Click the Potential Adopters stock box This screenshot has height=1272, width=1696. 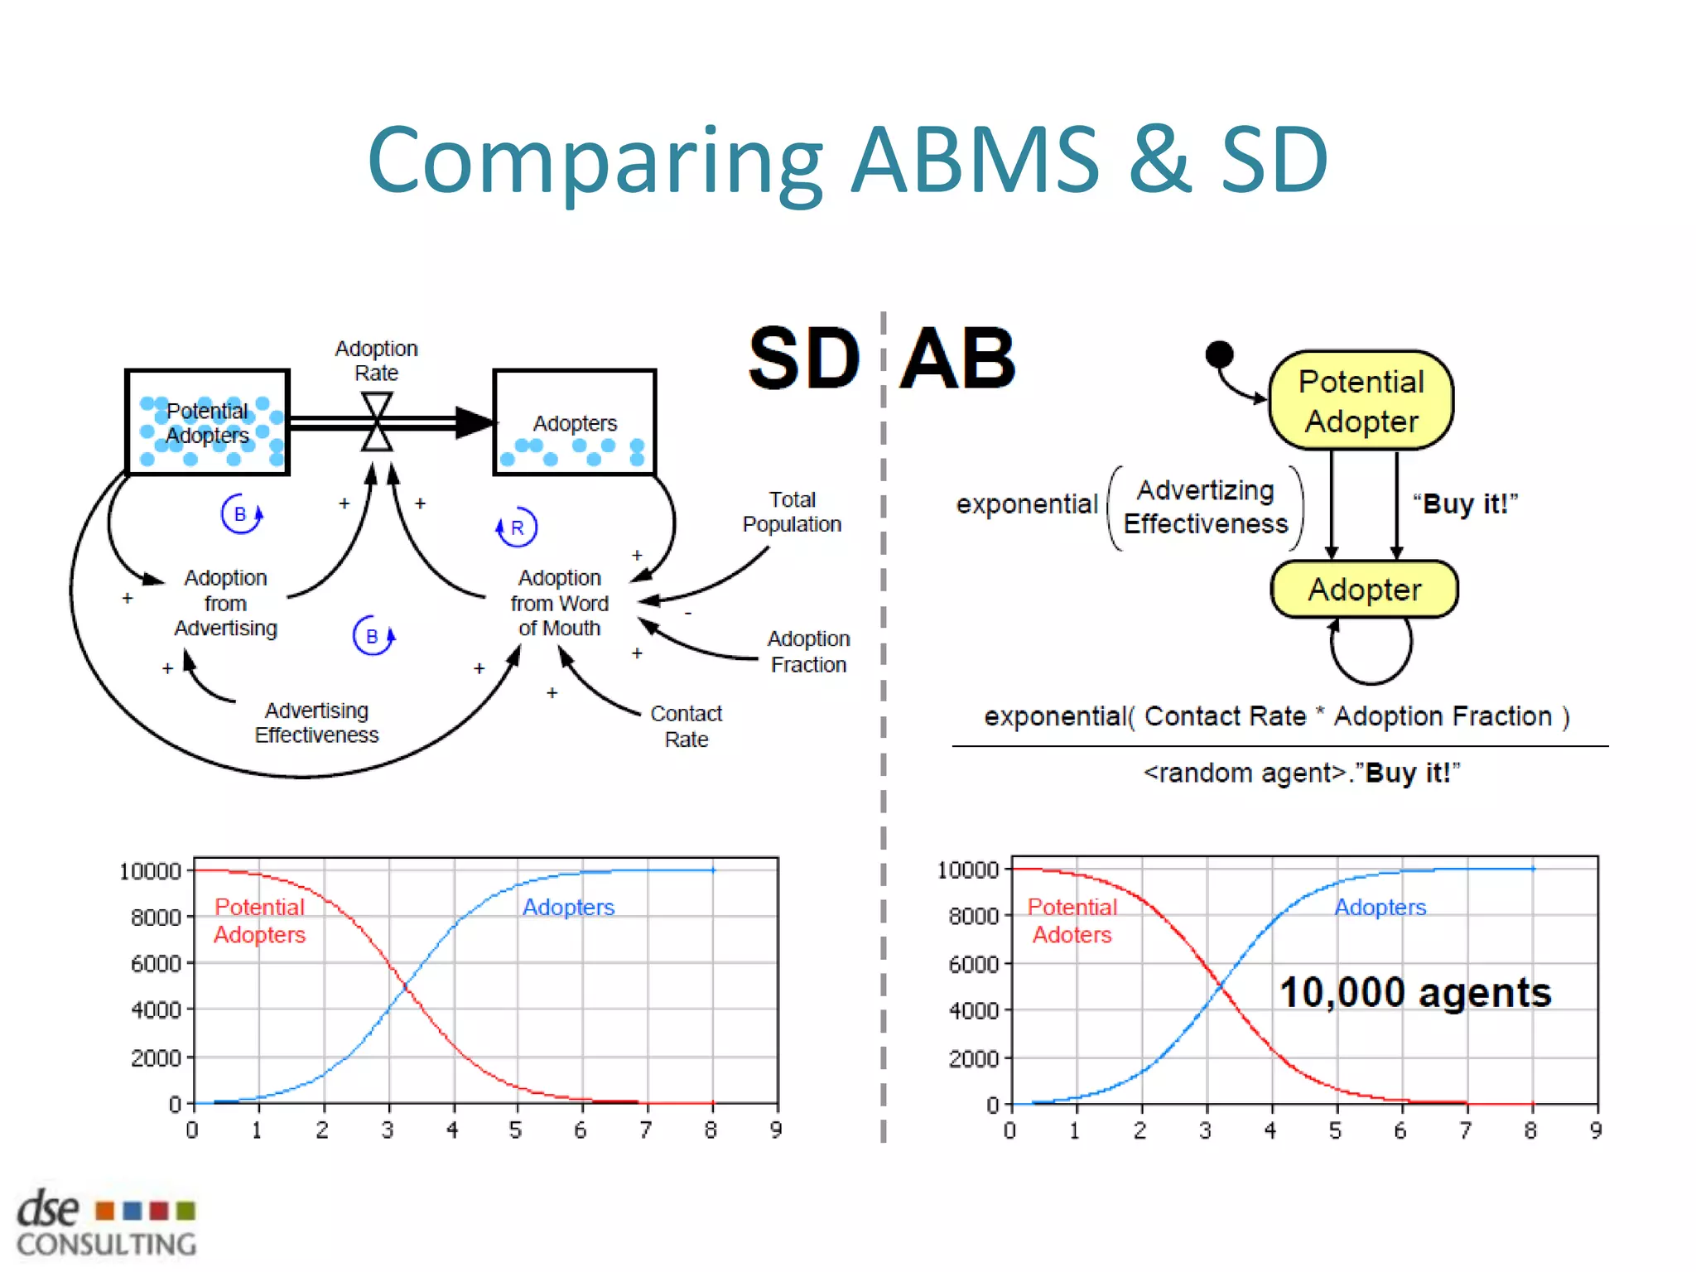207,422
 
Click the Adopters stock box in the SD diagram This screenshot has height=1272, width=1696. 575,422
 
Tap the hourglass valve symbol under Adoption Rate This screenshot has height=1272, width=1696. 377,422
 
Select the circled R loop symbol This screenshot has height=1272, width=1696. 517,528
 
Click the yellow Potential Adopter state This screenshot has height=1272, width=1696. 1361,401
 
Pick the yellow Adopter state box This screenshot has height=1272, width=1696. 1364,590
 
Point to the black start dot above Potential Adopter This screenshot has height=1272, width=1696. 1219,354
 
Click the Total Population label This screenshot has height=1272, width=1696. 792,512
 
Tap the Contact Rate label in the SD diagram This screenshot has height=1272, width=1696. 686,726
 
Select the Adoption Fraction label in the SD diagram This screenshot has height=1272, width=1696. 808,652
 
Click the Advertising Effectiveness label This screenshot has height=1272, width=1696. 316,723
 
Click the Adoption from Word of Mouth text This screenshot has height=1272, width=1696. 559,603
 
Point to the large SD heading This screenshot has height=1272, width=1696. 803,359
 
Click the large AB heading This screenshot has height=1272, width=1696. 958,359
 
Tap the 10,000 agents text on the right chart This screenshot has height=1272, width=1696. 1414,992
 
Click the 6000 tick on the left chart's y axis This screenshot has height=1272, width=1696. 156,964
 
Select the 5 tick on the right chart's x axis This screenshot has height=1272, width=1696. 1335,1130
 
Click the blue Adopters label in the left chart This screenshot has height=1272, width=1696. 568,908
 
